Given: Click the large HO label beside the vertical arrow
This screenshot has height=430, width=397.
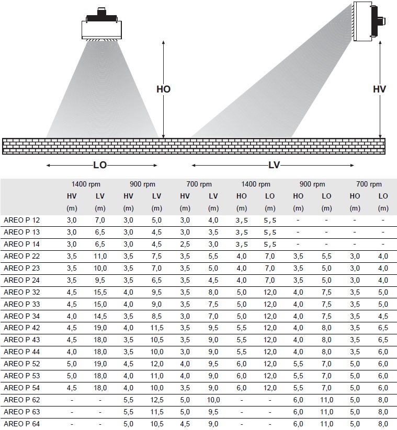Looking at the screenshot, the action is [x=163, y=89].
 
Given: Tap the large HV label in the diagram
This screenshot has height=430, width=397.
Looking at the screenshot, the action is [x=379, y=89].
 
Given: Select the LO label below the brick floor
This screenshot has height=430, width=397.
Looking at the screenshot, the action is [x=100, y=165].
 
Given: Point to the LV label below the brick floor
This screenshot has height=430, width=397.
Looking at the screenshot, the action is [x=274, y=165].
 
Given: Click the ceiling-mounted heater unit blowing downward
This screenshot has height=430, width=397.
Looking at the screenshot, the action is [x=101, y=25].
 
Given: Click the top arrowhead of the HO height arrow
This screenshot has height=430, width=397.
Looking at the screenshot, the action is [x=163, y=42].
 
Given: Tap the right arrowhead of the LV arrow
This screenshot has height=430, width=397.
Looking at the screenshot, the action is [x=352, y=165].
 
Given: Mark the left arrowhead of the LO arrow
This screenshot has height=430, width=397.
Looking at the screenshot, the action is [x=48, y=165].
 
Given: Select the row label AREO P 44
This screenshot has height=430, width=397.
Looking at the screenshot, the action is [x=21, y=352].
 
